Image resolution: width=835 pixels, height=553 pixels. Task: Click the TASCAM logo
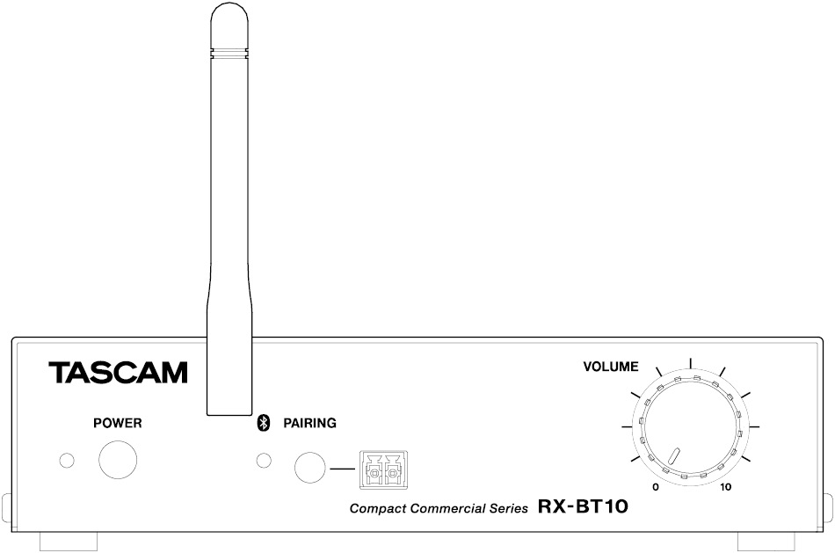click(119, 372)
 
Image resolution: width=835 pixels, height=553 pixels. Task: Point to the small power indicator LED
click(64, 461)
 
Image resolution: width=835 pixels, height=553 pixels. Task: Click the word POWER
click(118, 423)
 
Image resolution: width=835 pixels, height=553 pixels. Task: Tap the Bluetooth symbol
click(261, 423)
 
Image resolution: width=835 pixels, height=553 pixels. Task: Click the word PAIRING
click(309, 423)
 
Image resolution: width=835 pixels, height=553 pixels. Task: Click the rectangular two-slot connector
click(385, 469)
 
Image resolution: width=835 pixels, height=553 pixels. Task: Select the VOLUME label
click(611, 366)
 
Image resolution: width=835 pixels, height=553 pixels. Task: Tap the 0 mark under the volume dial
click(655, 486)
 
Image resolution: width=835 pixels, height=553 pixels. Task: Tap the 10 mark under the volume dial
click(725, 486)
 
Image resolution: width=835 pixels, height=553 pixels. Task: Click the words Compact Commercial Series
click(439, 508)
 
